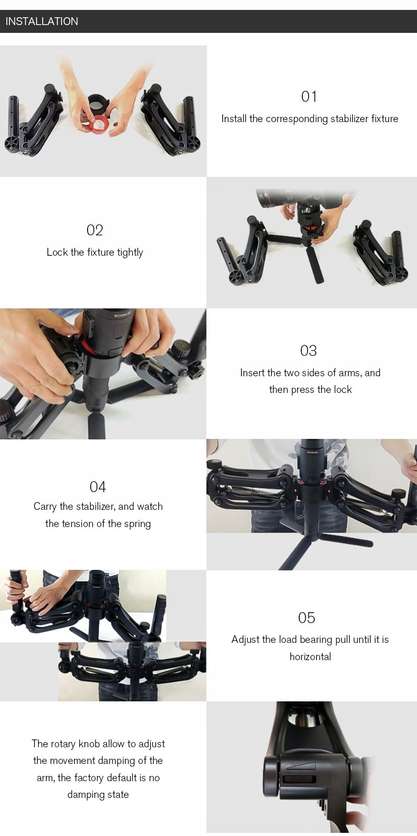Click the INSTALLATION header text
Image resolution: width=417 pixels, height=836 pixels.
(x=42, y=21)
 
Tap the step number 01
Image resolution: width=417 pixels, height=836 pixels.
(x=309, y=97)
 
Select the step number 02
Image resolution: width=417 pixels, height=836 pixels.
(x=95, y=230)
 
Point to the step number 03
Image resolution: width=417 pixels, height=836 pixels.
(x=309, y=351)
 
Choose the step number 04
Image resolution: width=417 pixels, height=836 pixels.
(x=97, y=487)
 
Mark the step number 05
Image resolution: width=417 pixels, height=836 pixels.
(x=306, y=618)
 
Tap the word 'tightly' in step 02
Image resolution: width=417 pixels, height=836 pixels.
(x=130, y=253)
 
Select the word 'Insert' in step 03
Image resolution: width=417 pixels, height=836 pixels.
(x=252, y=373)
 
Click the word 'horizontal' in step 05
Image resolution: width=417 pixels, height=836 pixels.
(x=311, y=656)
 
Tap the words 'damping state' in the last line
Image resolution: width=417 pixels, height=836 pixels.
(x=98, y=794)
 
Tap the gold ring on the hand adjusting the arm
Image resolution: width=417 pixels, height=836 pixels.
(x=39, y=600)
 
